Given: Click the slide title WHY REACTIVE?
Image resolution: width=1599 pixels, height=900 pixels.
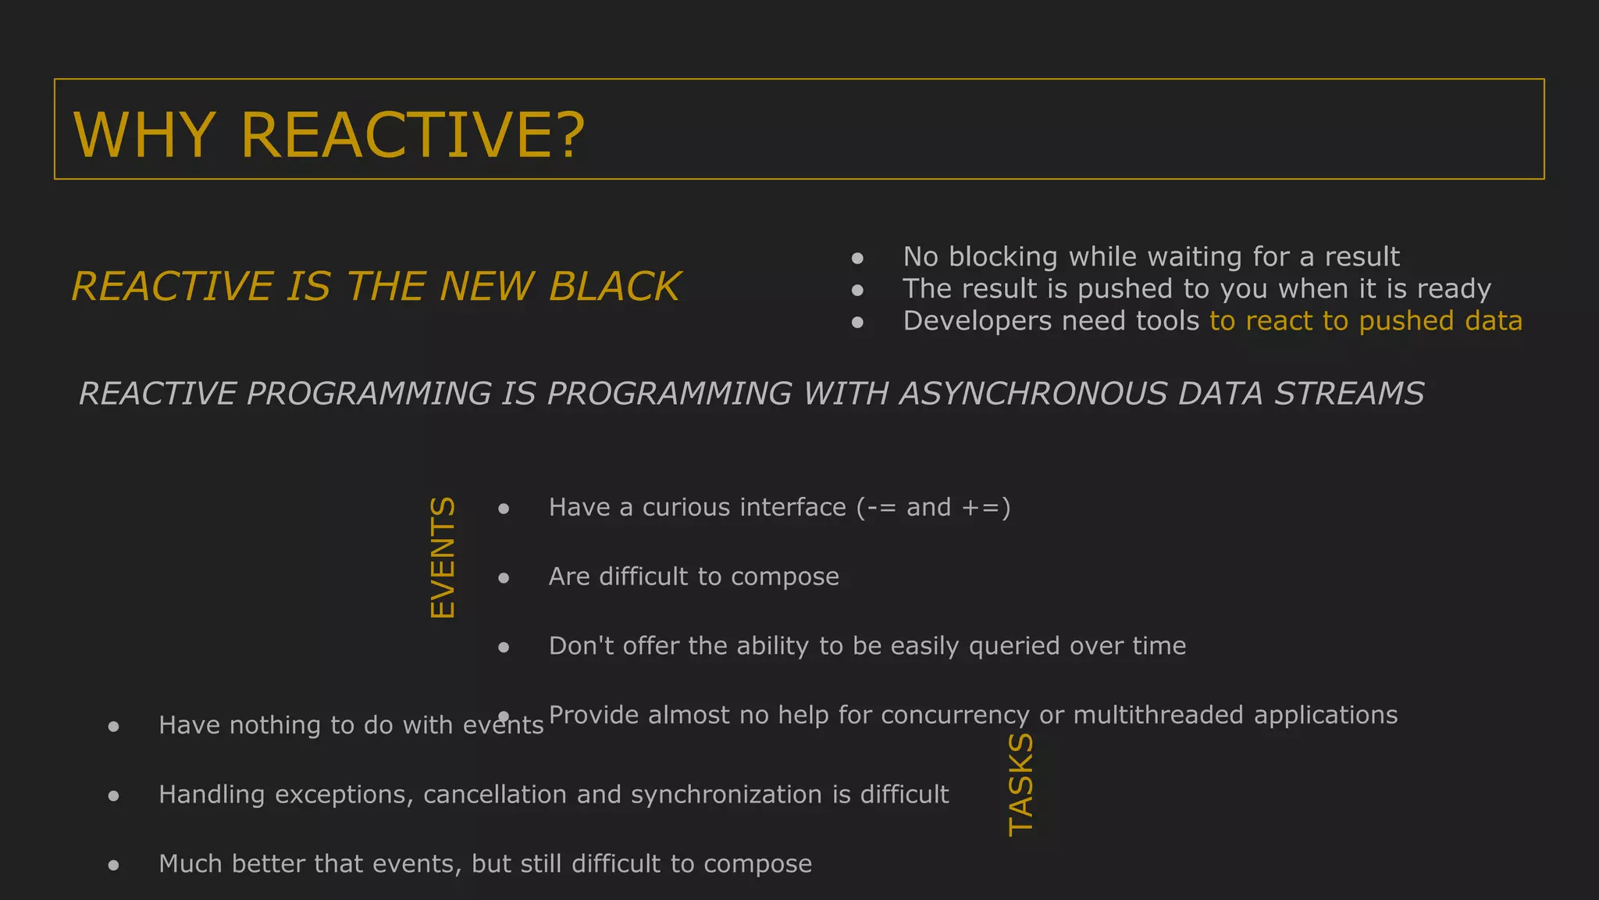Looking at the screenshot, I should click(x=328, y=134).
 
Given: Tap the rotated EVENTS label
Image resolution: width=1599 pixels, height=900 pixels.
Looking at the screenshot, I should click(x=443, y=558).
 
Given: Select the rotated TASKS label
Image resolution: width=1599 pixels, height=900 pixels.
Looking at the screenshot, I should click(x=1021, y=784).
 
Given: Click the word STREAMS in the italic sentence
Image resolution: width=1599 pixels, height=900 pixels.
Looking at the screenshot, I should click(x=1349, y=394).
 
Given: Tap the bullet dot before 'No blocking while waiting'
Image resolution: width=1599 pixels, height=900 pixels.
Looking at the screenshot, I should click(x=857, y=258).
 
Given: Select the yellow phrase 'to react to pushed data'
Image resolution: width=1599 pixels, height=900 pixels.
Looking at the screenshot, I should click(x=1366, y=321).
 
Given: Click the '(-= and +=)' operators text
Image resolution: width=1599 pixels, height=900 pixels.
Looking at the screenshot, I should click(x=934, y=508).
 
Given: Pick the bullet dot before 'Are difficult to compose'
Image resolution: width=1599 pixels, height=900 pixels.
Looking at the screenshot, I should click(x=504, y=578).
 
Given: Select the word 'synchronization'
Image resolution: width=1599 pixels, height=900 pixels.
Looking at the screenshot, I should click(x=727, y=795).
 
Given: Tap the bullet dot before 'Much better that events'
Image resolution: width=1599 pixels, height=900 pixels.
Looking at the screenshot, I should click(x=114, y=865).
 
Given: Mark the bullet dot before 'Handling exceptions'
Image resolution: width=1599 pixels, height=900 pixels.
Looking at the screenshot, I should click(x=114, y=796).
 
